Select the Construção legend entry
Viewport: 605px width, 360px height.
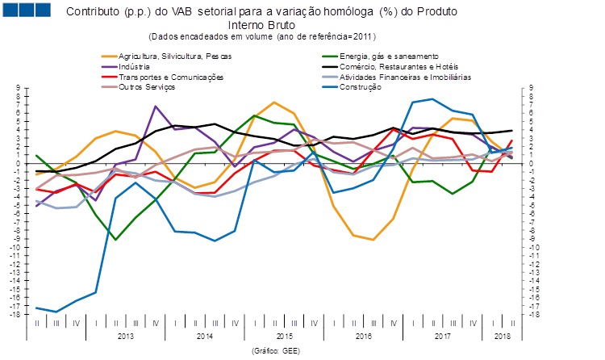[x=357, y=87]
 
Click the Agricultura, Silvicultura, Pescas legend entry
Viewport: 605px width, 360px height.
[x=174, y=56]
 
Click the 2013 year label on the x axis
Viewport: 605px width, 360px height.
[x=126, y=334]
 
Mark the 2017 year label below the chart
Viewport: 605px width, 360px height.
[x=441, y=334]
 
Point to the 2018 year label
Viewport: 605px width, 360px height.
[x=501, y=334]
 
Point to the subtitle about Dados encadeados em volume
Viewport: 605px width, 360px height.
[x=263, y=36]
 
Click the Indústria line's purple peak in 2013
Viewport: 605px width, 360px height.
[x=156, y=107]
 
